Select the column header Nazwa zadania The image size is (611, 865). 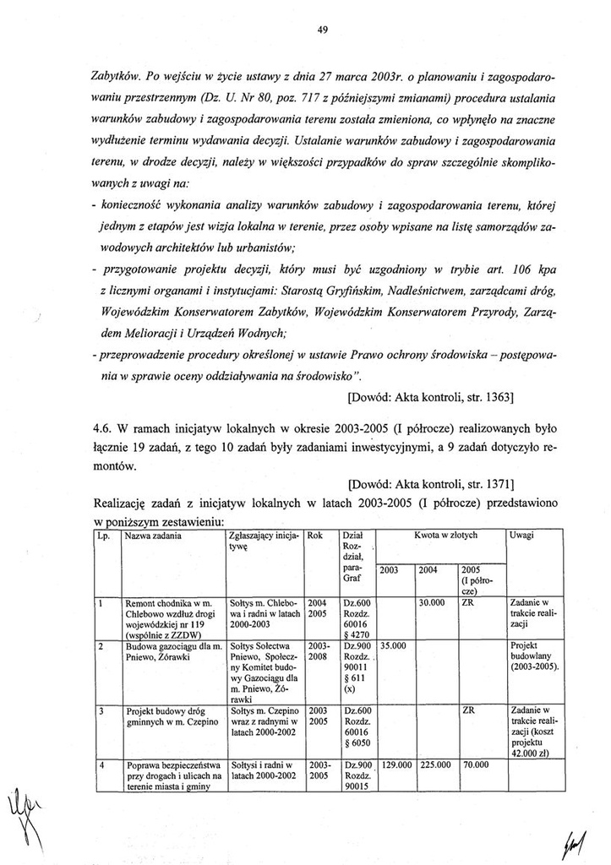(151, 536)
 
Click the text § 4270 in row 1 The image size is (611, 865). (354, 632)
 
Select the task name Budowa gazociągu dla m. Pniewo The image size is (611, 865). (167, 650)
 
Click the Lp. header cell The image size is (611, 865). (103, 536)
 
